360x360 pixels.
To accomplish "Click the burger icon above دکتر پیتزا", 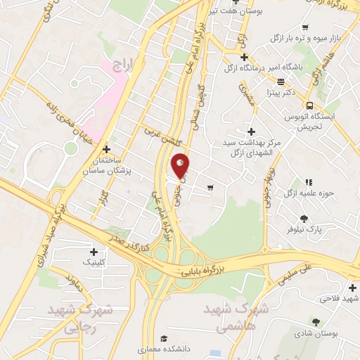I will coord(281,82).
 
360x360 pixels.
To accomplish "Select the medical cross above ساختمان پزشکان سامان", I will coord(106,149).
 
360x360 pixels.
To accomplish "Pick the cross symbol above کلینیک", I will coord(94,251).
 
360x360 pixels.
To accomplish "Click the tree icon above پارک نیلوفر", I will coord(304,219).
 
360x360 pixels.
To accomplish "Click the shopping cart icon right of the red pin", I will coord(210,187).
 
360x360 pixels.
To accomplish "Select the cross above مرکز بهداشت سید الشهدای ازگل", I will coord(251,131).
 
